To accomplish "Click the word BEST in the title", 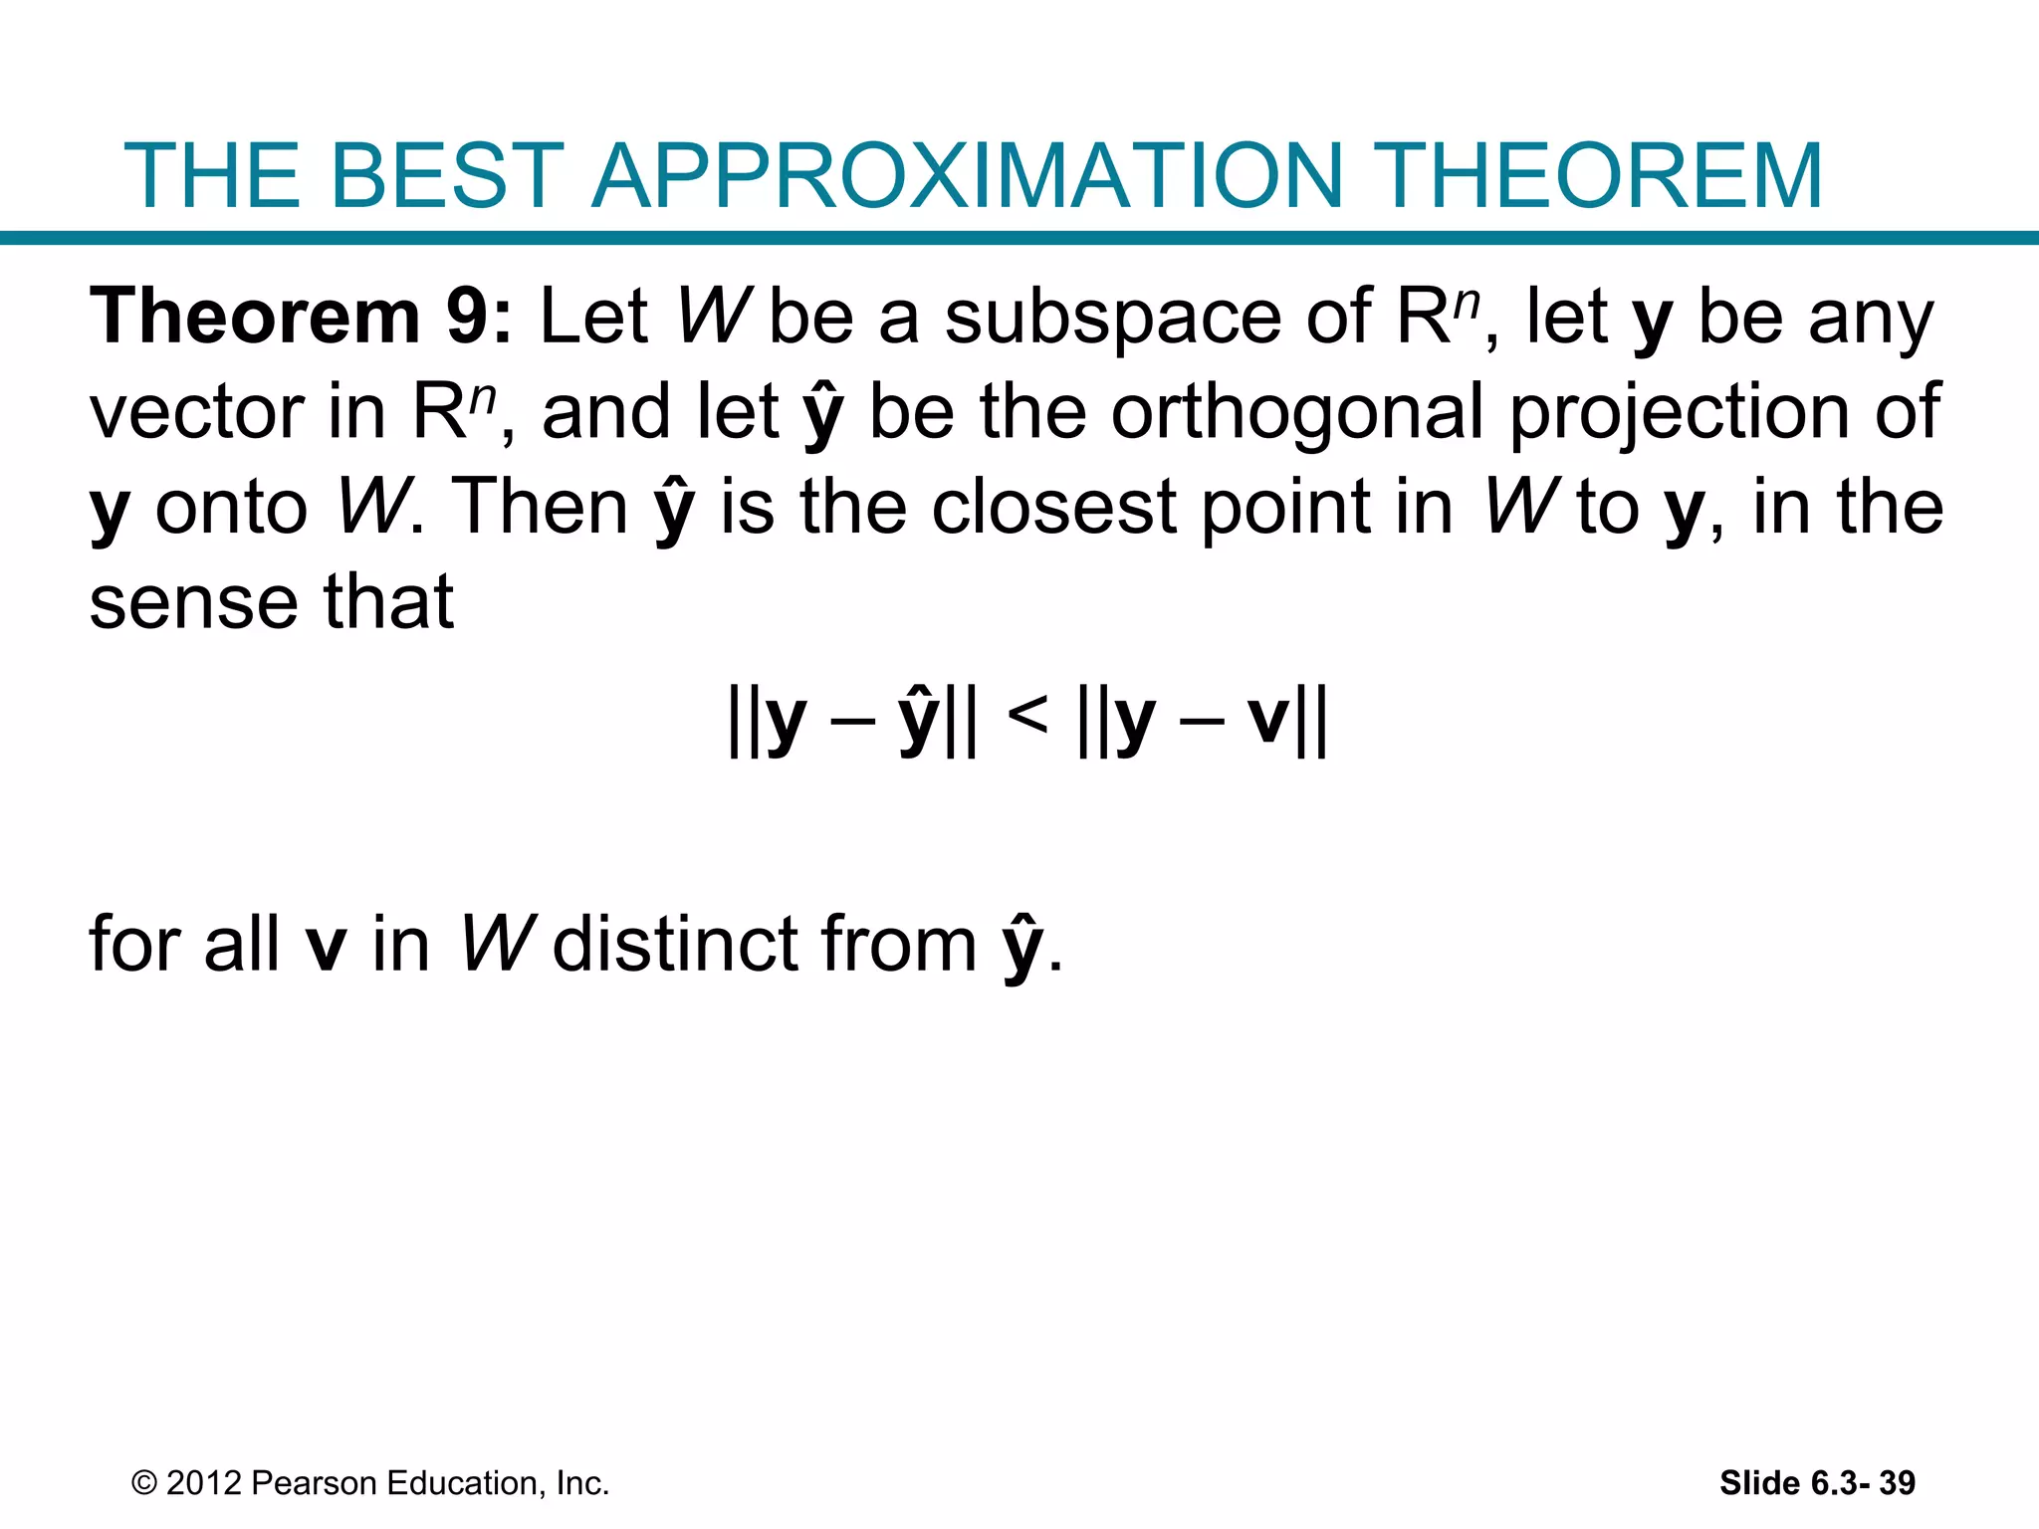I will pyautogui.click(x=446, y=175).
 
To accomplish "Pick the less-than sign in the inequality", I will pyautogui.click(x=1026, y=715).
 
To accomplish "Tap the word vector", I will pyautogui.click(x=196, y=412).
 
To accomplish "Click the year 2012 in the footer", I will pyautogui.click(x=204, y=1483).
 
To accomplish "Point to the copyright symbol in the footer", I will pyautogui.click(x=144, y=1483).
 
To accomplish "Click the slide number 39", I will pyautogui.click(x=1897, y=1483).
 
